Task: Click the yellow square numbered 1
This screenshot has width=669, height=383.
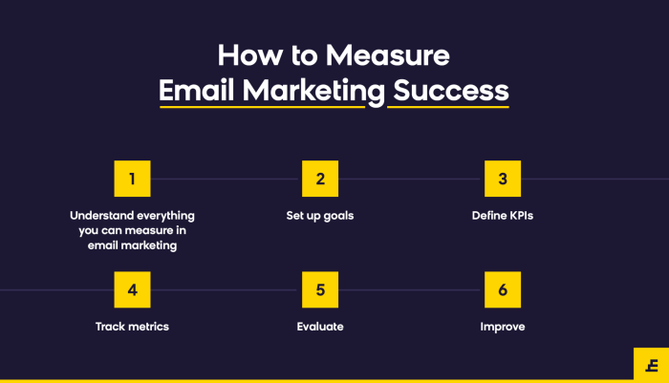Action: coord(132,179)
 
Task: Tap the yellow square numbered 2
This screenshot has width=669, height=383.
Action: coord(320,179)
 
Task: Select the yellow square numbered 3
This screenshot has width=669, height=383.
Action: coord(503,179)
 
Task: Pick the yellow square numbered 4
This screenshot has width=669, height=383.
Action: coord(132,289)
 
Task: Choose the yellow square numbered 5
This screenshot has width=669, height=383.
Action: coord(320,289)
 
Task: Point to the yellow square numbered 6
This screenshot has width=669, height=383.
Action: coord(503,289)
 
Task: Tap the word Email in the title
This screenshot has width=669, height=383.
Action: coord(196,91)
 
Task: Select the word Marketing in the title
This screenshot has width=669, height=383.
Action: coord(311,91)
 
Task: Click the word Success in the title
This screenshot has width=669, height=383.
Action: coord(448,91)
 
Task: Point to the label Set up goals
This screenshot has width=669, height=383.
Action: coord(320,216)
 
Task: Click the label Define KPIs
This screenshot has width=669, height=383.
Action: coord(503,216)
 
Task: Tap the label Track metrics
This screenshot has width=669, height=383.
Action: coord(132,327)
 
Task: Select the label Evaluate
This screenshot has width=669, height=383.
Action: coord(320,327)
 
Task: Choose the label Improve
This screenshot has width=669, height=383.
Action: coord(503,327)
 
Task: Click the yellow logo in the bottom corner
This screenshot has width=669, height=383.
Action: coord(651,364)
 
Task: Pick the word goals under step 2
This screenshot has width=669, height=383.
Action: coord(337,216)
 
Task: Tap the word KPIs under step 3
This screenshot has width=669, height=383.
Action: coord(520,216)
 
